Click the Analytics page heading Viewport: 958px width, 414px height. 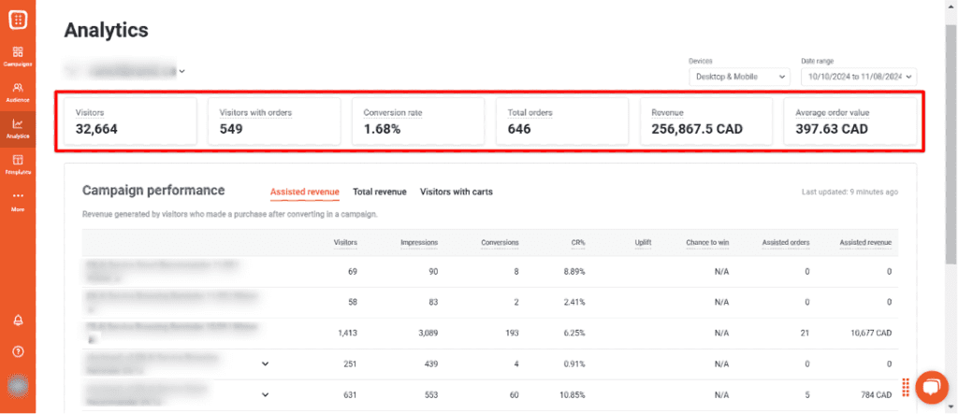pos(106,30)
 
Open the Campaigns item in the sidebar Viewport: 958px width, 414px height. pos(18,55)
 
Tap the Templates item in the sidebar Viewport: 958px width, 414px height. pos(18,164)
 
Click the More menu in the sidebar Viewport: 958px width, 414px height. pos(18,201)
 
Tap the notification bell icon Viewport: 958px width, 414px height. pos(18,320)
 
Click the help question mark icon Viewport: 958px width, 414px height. pos(18,351)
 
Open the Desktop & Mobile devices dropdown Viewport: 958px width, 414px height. pos(740,77)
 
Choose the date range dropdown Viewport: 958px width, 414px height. pos(858,77)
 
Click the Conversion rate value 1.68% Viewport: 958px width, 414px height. pos(382,129)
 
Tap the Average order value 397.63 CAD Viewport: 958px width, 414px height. pos(832,129)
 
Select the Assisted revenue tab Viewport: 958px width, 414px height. pos(305,192)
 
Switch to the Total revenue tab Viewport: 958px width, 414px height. pos(380,192)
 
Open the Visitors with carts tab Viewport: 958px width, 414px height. pos(457,192)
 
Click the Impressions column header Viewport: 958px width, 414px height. pos(419,243)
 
